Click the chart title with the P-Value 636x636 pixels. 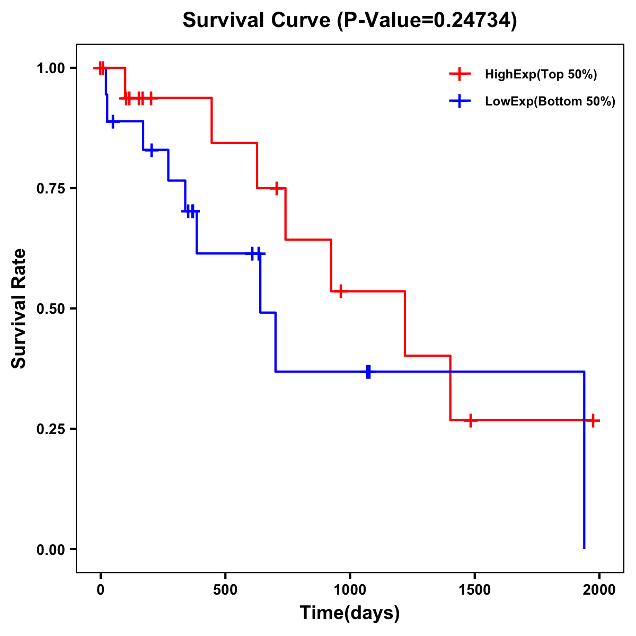(x=350, y=21)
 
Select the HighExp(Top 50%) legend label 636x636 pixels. (x=541, y=75)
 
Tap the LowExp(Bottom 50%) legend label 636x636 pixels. (x=550, y=102)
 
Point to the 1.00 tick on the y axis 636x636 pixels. (x=50, y=68)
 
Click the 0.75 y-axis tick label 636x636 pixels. (x=50, y=189)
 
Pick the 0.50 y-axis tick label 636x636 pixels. (x=50, y=309)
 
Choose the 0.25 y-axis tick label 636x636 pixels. (x=50, y=429)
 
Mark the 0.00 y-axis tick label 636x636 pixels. (x=50, y=550)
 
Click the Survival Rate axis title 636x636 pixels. (x=19, y=308)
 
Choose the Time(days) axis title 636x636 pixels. (x=350, y=613)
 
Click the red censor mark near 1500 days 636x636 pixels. (x=470, y=421)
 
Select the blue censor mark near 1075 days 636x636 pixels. (x=368, y=372)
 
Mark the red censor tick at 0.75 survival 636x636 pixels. (x=276, y=188)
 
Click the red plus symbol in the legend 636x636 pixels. (x=460, y=75)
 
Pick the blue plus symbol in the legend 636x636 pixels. (x=460, y=102)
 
